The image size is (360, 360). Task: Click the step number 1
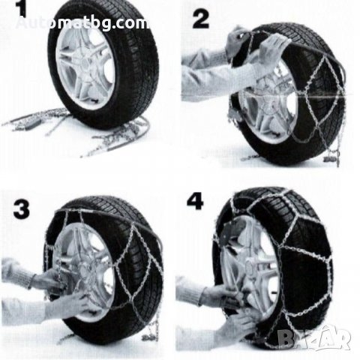[22, 10]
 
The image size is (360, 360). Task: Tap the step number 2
[201, 19]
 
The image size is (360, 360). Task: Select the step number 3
[22, 210]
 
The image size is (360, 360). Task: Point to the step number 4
[195, 202]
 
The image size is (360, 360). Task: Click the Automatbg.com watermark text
[82, 23]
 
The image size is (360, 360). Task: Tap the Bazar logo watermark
[314, 338]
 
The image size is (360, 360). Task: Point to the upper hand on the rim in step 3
[47, 280]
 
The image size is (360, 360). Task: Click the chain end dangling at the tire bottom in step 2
[334, 155]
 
